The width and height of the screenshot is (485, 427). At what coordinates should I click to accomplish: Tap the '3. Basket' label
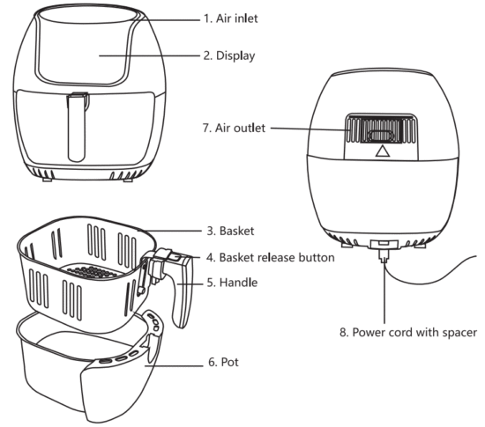[230, 231]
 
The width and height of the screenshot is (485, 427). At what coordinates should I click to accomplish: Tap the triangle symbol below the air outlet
[383, 151]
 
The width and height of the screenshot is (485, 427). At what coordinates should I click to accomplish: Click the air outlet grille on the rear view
[381, 129]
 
